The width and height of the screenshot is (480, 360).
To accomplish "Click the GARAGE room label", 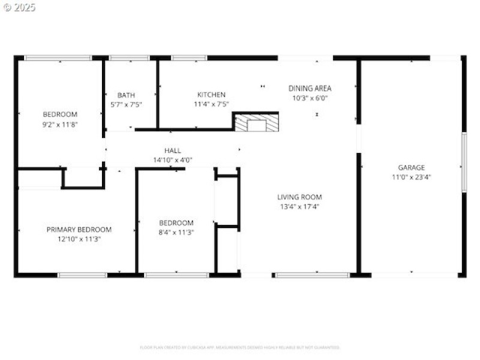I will [411, 167].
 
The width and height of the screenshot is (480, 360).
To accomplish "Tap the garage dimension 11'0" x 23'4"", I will [411, 177].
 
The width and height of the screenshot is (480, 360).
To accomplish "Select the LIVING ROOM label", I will [299, 197].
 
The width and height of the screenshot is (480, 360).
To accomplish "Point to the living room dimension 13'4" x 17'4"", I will [299, 206].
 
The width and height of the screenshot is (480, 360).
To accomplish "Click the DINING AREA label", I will [310, 88].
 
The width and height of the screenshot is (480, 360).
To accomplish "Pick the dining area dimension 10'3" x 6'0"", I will [310, 98].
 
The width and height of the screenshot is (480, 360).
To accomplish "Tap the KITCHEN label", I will [211, 94].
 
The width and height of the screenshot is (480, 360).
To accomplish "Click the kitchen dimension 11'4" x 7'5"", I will [211, 104].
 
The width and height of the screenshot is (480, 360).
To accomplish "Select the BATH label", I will [126, 95].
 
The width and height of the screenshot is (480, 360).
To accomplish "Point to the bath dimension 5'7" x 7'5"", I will [126, 104].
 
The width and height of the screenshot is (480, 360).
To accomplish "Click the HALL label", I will [172, 151].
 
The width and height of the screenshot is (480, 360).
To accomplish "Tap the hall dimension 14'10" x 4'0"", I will [172, 160].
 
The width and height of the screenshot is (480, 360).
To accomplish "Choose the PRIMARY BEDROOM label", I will [79, 229].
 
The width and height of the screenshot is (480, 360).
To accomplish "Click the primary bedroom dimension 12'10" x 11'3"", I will [79, 239].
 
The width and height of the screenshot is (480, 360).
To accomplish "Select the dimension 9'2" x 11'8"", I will [59, 124].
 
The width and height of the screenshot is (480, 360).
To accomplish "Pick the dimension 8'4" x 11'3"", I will [176, 232].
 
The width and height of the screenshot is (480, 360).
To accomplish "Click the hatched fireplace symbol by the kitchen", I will [256, 123].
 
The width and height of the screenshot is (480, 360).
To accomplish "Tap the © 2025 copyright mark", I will [19, 7].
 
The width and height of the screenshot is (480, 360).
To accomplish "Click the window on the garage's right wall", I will [463, 162].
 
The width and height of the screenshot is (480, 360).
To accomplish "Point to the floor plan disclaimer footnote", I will [240, 347].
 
